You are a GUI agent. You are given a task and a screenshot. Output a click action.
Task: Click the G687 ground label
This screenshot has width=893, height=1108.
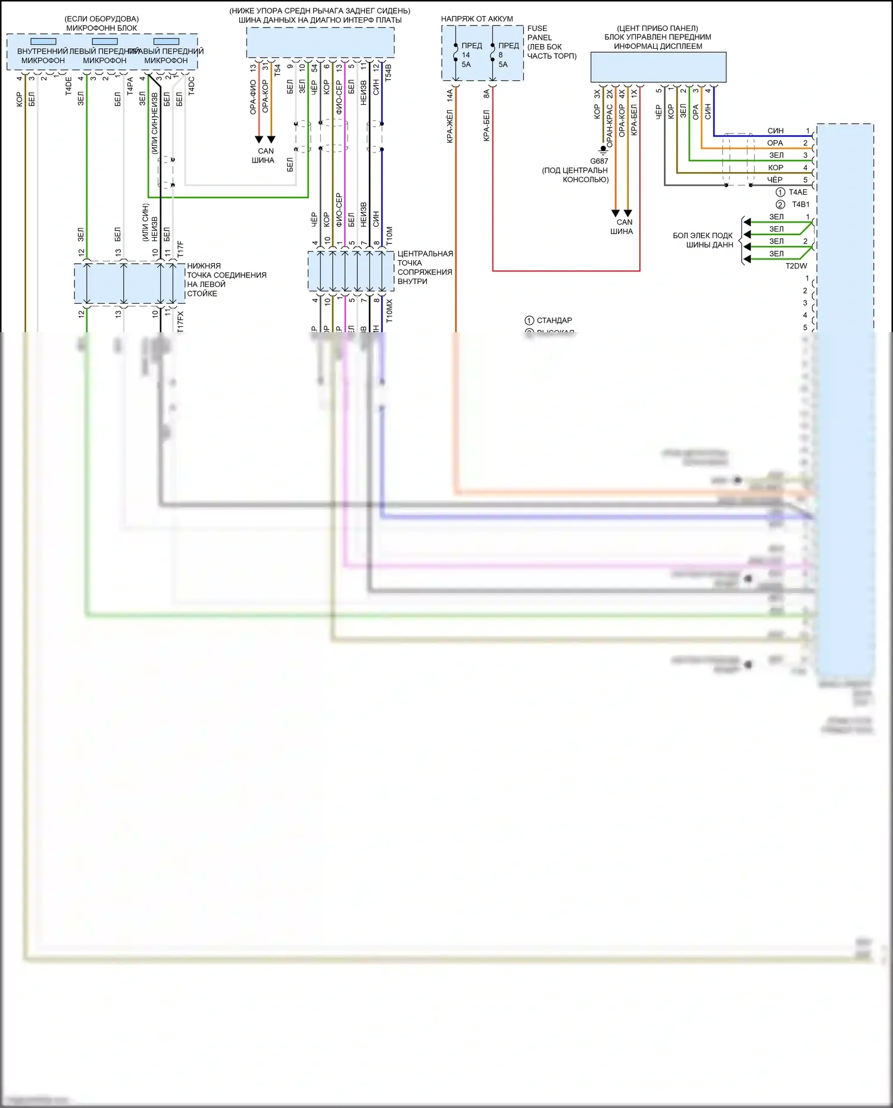[599, 161]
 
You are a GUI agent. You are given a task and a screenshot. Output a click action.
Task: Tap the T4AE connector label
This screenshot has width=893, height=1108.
[798, 192]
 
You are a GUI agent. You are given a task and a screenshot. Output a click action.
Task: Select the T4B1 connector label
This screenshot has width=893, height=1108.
[800, 204]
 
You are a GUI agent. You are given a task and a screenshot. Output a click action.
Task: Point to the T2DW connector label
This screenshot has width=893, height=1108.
[796, 266]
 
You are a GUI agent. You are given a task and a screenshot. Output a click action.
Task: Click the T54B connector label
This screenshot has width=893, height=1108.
[388, 73]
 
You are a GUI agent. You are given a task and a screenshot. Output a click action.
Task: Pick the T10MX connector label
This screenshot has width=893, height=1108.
[389, 311]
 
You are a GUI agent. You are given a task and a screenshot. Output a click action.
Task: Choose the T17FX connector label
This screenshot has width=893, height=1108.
[180, 322]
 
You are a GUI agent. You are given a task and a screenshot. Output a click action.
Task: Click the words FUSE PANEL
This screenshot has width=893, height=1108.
[539, 33]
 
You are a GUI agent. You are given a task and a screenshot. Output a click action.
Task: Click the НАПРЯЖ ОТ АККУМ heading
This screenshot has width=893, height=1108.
[477, 19]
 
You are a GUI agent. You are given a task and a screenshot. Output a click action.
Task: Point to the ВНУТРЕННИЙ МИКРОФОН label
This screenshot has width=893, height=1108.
[43, 56]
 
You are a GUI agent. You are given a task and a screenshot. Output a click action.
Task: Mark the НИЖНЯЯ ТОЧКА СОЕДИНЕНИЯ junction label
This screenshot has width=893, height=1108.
[226, 279]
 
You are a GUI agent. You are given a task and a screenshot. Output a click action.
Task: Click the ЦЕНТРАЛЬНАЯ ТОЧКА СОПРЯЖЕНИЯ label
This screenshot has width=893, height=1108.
[424, 267]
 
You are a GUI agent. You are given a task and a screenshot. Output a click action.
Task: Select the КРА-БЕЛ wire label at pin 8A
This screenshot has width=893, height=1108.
[486, 125]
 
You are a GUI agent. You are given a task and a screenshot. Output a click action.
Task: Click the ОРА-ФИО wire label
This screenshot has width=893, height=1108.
[253, 98]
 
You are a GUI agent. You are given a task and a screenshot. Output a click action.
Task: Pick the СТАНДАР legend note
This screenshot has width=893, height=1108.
[554, 320]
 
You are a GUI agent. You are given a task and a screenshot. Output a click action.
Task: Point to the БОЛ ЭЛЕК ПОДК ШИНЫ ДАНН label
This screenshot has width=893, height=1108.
[702, 240]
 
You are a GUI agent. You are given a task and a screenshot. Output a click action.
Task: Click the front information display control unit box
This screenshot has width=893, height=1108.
[658, 67]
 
